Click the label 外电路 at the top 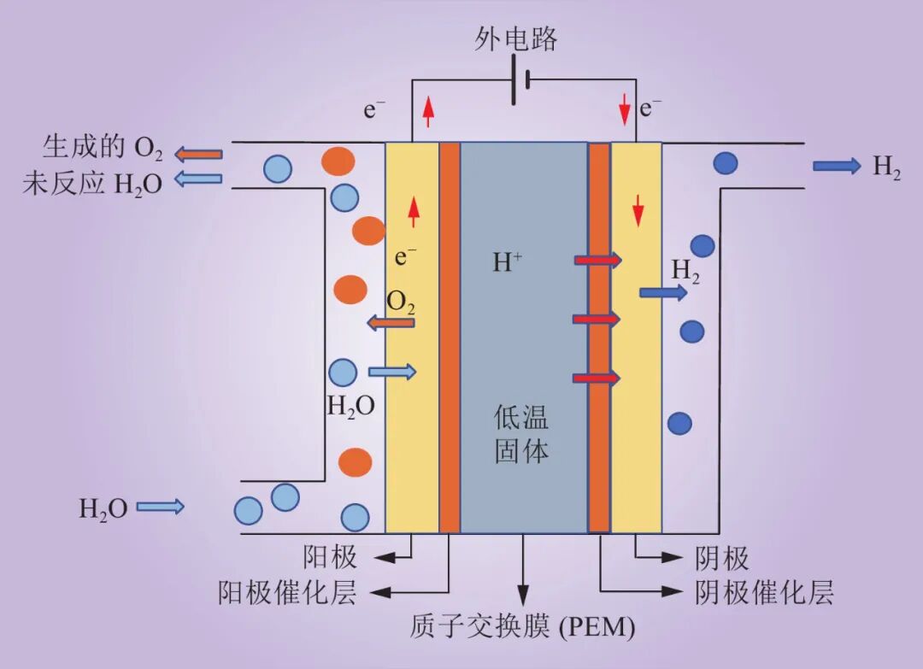coord(515,39)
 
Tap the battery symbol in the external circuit coord(520,80)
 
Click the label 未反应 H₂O coord(92,183)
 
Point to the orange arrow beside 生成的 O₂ coord(199,154)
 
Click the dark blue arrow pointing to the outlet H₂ coord(836,166)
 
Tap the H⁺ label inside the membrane coord(508,262)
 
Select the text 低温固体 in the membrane coord(521,434)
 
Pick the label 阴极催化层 coord(764,592)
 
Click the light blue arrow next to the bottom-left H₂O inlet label coord(161,507)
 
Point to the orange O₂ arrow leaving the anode coord(391,323)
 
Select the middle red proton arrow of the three coord(596,319)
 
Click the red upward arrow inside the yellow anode coord(414,212)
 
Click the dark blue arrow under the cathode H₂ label coord(663,293)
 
